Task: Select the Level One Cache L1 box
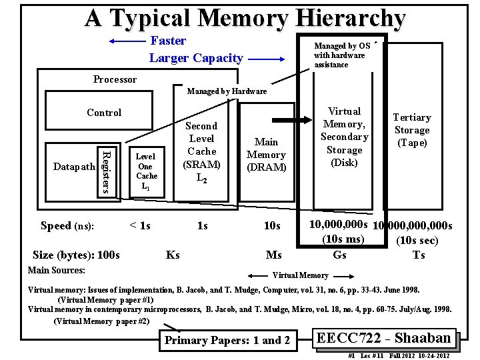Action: pos(146,171)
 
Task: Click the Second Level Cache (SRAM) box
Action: pos(201,153)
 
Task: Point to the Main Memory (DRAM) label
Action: pos(266,154)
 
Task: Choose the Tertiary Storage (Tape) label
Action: pos(411,130)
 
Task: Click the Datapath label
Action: pos(74,166)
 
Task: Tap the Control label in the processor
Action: pos(104,113)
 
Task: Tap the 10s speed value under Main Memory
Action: pos(271,226)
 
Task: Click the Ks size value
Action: pos(172,255)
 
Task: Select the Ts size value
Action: pos(419,255)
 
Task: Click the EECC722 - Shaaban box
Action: pos(387,338)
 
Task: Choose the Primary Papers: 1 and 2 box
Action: pos(227,340)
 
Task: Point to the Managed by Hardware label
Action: pos(227,91)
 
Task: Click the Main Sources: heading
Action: pos(56,270)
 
